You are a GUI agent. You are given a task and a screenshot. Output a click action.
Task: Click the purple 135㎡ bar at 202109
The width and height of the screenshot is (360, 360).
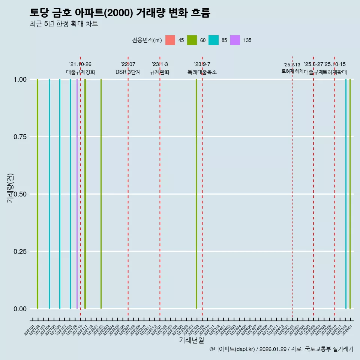pyautogui.click(x=77, y=194)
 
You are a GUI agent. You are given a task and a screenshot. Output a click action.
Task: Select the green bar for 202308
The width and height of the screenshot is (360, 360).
pyautogui.click(x=196, y=194)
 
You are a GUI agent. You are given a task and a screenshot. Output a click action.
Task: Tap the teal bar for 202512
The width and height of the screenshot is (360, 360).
pyautogui.click(x=346, y=194)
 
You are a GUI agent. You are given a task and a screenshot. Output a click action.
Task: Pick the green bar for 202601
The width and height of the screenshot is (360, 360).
pyautogui.click(x=350, y=194)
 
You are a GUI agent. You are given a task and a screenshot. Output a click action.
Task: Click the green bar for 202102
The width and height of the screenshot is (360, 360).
pyautogui.click(x=37, y=194)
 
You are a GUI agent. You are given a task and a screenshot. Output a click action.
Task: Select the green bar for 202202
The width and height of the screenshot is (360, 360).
pyautogui.click(x=101, y=194)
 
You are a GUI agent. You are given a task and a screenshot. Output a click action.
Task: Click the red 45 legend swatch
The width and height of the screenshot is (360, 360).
pyautogui.click(x=170, y=40)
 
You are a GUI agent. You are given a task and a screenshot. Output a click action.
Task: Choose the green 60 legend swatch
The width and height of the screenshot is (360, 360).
pyautogui.click(x=192, y=40)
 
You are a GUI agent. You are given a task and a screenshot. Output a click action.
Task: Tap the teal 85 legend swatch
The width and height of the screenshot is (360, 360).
pyautogui.click(x=213, y=40)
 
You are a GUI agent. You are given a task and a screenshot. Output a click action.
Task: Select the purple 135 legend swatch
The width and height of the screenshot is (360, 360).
pyautogui.click(x=235, y=40)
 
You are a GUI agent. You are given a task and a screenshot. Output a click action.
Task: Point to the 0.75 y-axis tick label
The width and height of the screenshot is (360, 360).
pyautogui.click(x=19, y=137)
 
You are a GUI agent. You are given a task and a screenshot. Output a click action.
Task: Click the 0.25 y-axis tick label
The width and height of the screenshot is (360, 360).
pyautogui.click(x=19, y=252)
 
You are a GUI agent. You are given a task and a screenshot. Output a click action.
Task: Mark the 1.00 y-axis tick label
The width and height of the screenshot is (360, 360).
pyautogui.click(x=19, y=79)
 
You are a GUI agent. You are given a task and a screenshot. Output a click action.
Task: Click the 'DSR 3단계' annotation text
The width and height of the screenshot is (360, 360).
pyautogui.click(x=128, y=72)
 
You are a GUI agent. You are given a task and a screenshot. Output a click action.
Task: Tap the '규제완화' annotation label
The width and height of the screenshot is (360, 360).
pyautogui.click(x=160, y=72)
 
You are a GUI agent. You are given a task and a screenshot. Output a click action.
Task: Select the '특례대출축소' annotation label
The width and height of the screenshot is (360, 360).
pyautogui.click(x=202, y=72)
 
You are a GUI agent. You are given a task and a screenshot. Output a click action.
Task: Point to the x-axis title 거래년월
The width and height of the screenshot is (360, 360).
pyautogui.click(x=191, y=340)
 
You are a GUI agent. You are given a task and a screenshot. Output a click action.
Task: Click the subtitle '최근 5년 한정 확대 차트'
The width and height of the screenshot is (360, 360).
pyautogui.click(x=64, y=24)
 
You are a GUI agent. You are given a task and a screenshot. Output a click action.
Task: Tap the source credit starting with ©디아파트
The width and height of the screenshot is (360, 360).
pyautogui.click(x=281, y=349)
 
